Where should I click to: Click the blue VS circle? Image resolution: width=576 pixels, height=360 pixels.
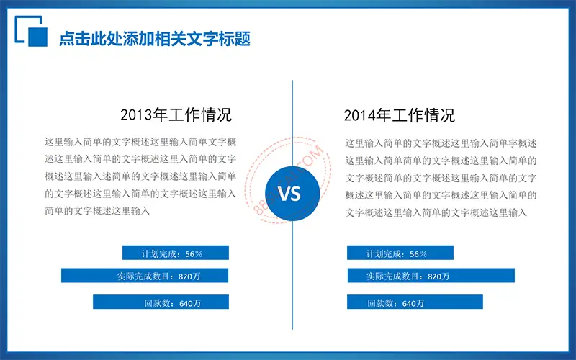(292, 194)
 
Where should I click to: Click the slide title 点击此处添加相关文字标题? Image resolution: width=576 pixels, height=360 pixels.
(155, 39)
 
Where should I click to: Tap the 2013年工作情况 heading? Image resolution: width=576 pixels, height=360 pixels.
(176, 115)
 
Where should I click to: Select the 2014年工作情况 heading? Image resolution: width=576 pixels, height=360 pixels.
(400, 115)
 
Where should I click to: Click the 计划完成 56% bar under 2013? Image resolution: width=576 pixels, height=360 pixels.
(176, 253)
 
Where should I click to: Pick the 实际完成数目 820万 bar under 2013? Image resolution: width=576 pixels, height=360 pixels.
(145, 276)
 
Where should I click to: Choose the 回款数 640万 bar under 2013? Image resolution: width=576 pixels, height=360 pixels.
(161, 302)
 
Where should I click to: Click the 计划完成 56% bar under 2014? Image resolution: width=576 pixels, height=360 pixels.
(400, 253)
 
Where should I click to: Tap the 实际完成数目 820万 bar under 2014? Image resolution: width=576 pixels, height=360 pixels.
(431, 276)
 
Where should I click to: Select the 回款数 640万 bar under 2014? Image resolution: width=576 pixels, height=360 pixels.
(415, 302)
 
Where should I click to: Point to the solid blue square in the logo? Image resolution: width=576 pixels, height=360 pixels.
(38, 37)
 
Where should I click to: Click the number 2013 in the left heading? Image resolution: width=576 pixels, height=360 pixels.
(136, 115)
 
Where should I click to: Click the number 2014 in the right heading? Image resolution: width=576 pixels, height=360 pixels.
(359, 116)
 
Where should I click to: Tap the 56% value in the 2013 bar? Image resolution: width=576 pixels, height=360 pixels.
(194, 254)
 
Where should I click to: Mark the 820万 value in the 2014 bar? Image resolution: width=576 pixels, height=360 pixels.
(438, 276)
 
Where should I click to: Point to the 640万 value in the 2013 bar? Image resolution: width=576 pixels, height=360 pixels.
(190, 303)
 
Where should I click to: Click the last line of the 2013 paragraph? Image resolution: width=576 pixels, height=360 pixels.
(97, 211)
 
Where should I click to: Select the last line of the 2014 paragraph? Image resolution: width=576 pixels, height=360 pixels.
(436, 212)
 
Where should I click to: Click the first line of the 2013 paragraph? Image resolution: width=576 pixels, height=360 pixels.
(140, 142)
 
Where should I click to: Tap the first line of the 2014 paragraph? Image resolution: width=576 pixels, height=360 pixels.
(441, 143)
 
